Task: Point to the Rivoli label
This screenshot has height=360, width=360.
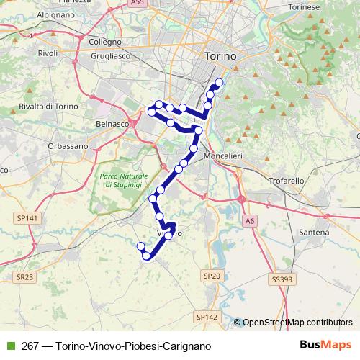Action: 48,53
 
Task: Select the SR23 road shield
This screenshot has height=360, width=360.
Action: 25,276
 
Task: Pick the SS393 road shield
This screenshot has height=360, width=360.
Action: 283,278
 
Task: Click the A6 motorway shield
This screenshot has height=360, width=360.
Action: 249,220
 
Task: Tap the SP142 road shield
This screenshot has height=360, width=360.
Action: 206,316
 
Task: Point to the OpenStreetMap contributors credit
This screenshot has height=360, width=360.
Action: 297,322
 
